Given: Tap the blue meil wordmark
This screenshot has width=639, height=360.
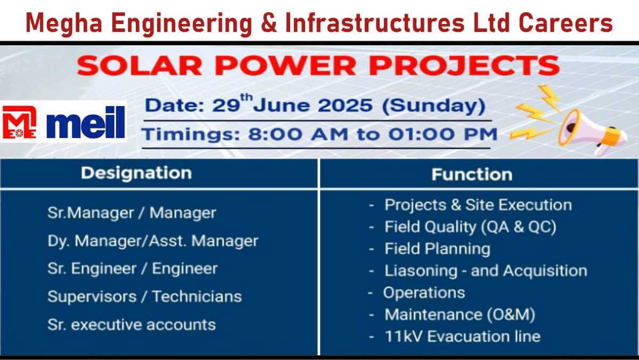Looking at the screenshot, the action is click(86, 122).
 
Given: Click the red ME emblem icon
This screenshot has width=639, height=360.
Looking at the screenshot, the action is click(19, 122).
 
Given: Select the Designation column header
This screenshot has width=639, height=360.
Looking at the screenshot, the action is click(136, 173).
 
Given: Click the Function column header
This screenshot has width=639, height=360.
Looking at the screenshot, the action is click(472, 174).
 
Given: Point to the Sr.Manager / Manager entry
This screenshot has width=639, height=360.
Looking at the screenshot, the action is click(132, 213).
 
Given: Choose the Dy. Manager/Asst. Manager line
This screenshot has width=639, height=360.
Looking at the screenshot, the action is click(153, 241).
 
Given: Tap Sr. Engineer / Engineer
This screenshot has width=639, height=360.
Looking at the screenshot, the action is click(133, 269).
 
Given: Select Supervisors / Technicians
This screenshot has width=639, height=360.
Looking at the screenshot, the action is click(145, 297).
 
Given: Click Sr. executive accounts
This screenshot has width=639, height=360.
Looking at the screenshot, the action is click(132, 325).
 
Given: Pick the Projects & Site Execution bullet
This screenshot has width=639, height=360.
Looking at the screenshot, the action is click(478, 205).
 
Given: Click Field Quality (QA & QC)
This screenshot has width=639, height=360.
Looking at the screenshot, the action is click(470, 227).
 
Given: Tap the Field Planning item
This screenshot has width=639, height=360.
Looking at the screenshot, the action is click(437, 249).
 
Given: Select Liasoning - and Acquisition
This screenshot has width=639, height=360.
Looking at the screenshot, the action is click(486, 271).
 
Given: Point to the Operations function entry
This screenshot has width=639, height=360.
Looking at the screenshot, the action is click(424, 293).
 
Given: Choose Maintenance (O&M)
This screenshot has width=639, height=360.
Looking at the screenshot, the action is click(460, 315).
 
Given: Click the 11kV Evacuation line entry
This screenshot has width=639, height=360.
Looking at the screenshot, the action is click(462, 337).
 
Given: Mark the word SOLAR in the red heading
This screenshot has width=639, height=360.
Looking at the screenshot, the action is click(140, 66).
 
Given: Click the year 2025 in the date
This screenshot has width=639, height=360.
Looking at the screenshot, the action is click(345, 105).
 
